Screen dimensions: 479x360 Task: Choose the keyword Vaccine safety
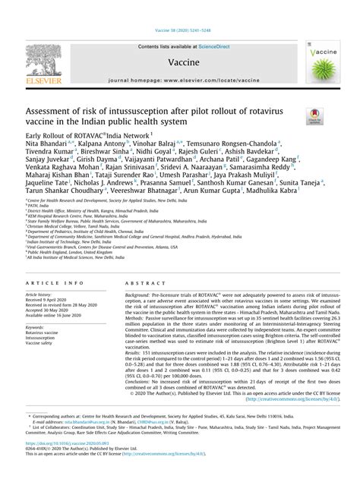click(43, 344)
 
